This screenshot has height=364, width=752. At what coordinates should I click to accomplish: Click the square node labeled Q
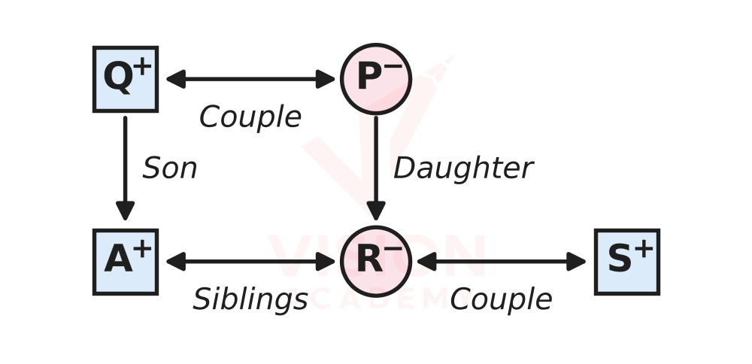[125, 79]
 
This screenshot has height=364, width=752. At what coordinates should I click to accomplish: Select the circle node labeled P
[376, 79]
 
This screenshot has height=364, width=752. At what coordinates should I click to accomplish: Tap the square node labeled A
[125, 262]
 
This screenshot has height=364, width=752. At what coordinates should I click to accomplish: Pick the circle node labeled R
[376, 262]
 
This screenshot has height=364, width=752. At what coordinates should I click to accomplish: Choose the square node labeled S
[627, 262]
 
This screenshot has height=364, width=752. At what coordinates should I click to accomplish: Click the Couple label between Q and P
[250, 117]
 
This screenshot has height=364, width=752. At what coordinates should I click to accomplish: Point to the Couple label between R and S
[501, 300]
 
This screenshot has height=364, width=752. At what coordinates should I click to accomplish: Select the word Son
[170, 168]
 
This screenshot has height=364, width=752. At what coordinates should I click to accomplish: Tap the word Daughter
[463, 168]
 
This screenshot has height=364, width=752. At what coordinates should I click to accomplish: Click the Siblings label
[250, 300]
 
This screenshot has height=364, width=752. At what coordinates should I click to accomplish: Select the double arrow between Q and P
[250, 79]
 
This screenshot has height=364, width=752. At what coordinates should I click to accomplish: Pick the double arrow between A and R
[250, 262]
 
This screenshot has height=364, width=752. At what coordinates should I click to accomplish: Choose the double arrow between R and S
[501, 262]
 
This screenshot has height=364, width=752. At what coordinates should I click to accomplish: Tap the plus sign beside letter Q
[142, 68]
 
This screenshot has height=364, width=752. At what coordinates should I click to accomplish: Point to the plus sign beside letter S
[644, 250]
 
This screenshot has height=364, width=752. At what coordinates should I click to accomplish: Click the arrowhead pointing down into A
[125, 211]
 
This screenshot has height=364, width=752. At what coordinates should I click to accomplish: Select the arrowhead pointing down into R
[376, 211]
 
